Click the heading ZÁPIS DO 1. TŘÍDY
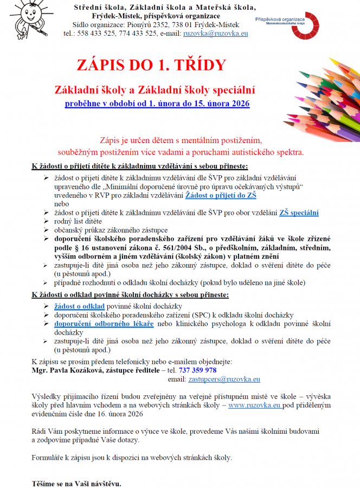tap(150, 66)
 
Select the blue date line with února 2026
tap(157, 103)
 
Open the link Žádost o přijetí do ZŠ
tap(221, 195)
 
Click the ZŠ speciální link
tap(299, 213)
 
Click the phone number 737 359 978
tap(197, 370)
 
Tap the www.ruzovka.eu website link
tap(254, 405)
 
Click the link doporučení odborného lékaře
tap(104, 324)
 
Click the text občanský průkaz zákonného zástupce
tap(104, 230)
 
